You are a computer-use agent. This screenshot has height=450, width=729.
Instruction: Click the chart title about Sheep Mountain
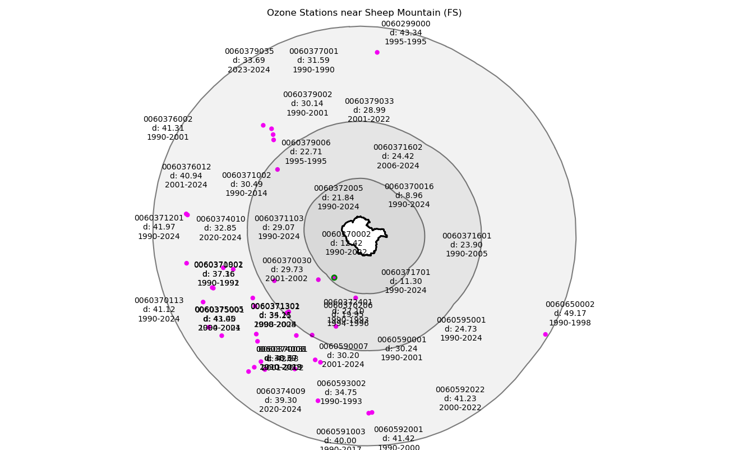click(x=364, y=13)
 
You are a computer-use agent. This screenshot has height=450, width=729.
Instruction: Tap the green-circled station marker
click(x=334, y=277)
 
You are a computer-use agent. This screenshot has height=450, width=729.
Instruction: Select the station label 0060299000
click(x=405, y=24)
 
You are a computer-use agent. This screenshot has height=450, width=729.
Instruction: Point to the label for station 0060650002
click(x=570, y=305)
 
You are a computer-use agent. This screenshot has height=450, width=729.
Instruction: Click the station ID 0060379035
click(x=249, y=52)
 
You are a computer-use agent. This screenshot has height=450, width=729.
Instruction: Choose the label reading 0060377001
click(x=313, y=52)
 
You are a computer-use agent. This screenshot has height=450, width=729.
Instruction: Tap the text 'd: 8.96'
click(x=409, y=196)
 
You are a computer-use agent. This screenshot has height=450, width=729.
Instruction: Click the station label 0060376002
click(x=168, y=120)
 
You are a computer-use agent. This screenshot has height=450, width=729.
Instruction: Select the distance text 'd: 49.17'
click(x=570, y=314)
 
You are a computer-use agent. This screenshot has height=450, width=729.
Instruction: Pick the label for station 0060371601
click(x=467, y=236)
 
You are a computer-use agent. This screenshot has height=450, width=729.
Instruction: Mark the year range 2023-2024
click(x=249, y=70)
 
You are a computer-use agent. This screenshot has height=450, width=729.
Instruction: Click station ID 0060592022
click(x=460, y=390)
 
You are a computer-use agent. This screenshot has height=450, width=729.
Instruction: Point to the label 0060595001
click(x=461, y=320)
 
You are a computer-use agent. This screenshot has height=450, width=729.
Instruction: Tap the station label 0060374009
click(x=280, y=392)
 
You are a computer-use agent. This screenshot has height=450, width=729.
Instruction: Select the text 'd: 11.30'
click(x=405, y=282)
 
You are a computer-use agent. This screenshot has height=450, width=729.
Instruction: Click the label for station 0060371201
click(x=159, y=218)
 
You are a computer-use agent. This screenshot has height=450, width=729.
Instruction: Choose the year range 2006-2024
click(x=398, y=166)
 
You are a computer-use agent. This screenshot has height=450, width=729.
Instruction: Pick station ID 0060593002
click(x=341, y=384)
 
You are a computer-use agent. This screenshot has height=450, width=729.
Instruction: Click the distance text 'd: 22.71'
click(x=306, y=152)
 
